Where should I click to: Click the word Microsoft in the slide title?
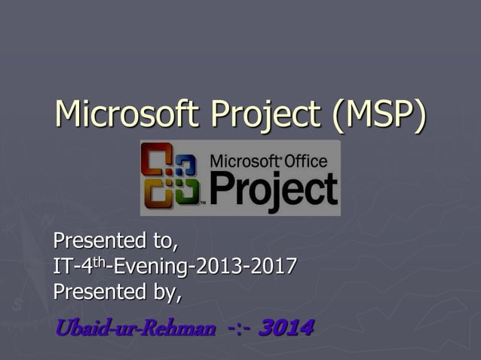tap(129, 114)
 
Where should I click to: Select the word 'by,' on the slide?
tap(167, 291)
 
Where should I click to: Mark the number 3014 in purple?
tap(286, 329)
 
